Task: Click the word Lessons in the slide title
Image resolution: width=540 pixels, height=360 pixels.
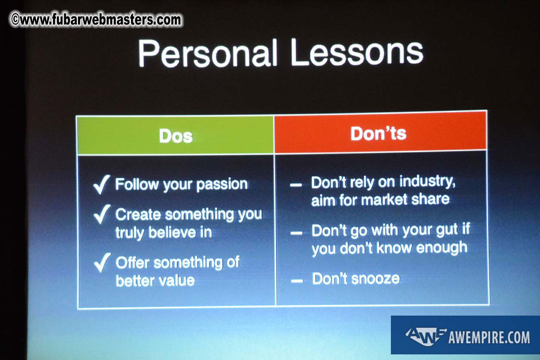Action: [x=357, y=52]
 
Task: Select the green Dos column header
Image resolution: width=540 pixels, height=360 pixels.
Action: [x=175, y=135]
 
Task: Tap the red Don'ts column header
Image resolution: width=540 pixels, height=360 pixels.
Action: [x=381, y=132]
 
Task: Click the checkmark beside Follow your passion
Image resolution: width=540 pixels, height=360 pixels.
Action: [x=101, y=185]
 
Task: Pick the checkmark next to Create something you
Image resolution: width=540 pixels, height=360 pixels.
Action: [x=102, y=214]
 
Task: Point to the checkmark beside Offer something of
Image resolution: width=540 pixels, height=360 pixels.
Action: [x=102, y=263]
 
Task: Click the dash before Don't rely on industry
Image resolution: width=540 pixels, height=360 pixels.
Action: [x=296, y=185]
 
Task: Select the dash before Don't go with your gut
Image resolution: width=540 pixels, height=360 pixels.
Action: [x=297, y=233]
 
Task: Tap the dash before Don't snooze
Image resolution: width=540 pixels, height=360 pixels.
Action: [x=297, y=281]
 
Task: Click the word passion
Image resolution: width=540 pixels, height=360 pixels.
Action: [x=222, y=185]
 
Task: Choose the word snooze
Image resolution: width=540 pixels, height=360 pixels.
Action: [x=376, y=279]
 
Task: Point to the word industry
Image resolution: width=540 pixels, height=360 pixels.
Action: [x=428, y=182]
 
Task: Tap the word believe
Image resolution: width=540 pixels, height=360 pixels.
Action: [x=172, y=232]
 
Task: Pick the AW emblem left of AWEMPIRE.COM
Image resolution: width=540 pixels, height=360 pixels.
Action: [x=425, y=336]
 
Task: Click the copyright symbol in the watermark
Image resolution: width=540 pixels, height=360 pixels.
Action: [x=16, y=19]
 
